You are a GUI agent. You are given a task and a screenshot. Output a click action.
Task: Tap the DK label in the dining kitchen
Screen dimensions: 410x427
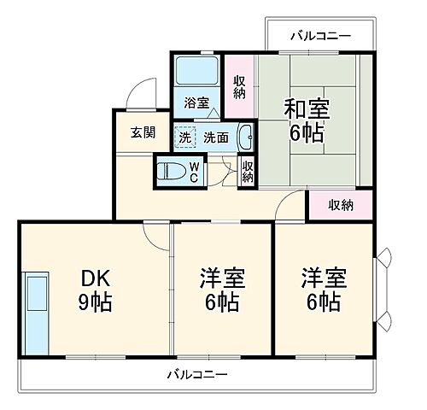tap(97, 278)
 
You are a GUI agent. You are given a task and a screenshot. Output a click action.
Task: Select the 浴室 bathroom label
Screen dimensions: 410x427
tap(196, 103)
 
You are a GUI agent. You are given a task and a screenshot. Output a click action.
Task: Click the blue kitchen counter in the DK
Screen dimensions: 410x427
tap(36, 313)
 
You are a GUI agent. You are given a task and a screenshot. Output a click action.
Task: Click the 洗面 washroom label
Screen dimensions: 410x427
tap(215, 137)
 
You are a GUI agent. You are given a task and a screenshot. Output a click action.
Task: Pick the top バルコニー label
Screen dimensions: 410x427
tap(319, 36)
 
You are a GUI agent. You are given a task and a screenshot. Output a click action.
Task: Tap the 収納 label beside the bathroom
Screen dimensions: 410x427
tap(240, 87)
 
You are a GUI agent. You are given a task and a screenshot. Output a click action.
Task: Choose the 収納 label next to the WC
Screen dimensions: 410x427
tap(248, 171)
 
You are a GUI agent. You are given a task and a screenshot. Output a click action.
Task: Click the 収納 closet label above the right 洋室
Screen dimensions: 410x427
tap(341, 205)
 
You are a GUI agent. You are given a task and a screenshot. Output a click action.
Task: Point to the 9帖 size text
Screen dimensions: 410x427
tap(97, 302)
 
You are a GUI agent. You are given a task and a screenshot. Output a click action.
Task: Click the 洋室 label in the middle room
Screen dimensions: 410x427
tap(222, 278)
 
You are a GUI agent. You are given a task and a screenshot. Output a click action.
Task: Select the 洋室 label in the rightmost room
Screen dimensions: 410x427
tap(322, 278)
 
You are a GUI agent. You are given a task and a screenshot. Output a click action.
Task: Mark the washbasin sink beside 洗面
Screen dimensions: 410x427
tap(245, 135)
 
